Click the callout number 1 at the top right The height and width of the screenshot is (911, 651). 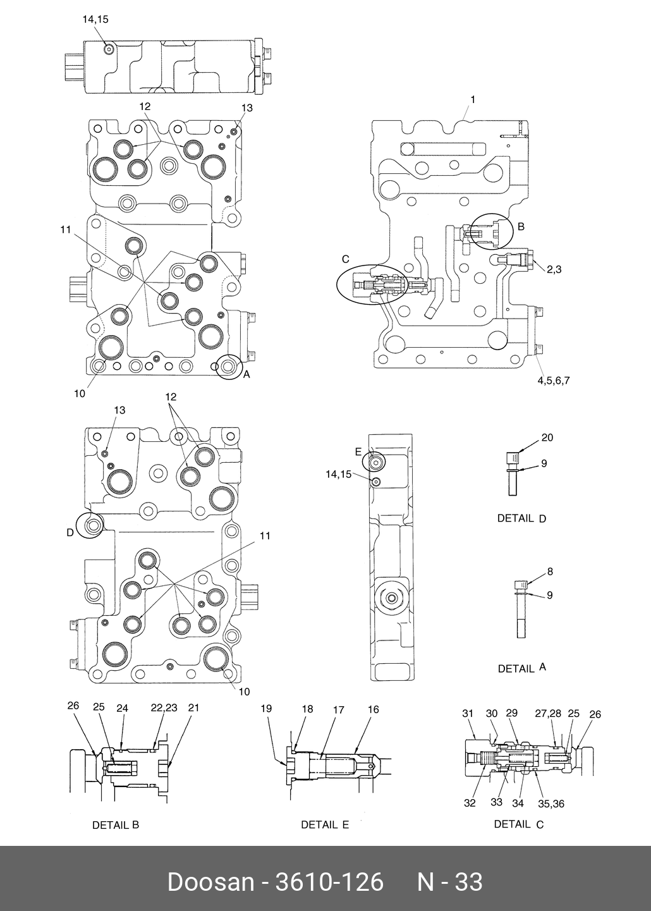tap(473, 99)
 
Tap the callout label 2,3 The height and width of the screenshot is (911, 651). tap(554, 269)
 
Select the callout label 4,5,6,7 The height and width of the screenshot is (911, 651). tap(554, 381)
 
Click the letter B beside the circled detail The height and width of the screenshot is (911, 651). tap(521, 226)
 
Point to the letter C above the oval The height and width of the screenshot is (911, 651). tap(346, 259)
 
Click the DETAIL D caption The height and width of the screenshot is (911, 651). tap(521, 518)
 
